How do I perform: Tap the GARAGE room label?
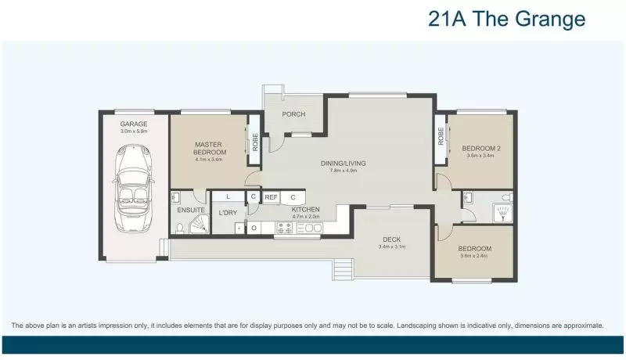[x=134, y=124]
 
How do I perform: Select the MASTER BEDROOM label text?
[x=210, y=149]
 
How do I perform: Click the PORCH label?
[x=293, y=114]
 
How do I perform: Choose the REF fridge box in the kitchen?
[x=271, y=197]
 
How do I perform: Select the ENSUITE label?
[x=191, y=210]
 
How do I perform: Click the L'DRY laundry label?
[x=228, y=212]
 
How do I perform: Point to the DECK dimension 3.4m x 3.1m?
[x=392, y=247]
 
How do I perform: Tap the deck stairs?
[x=342, y=271]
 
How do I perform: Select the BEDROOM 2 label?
[x=480, y=148]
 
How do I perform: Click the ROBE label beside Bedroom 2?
[x=441, y=136]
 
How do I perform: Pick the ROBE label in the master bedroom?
[x=255, y=142]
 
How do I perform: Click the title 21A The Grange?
[x=506, y=20]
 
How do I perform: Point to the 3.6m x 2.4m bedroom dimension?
[x=473, y=255]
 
